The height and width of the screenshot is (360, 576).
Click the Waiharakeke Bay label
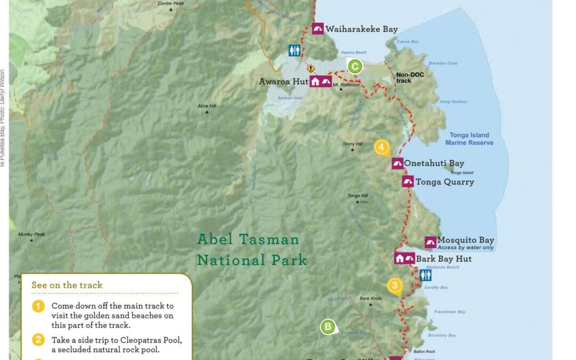(361, 29)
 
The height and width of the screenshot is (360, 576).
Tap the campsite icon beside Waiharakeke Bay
(318, 29)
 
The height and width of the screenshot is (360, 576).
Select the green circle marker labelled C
(355, 67)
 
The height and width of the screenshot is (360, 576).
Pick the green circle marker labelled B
(327, 326)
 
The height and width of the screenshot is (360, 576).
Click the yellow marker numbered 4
(381, 147)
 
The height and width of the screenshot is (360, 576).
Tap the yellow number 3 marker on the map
(394, 285)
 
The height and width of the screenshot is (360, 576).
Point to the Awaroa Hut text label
(282, 82)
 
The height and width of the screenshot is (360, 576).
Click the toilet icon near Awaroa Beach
(294, 50)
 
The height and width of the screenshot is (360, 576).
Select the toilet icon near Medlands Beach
(425, 275)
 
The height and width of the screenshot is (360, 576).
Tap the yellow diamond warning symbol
(310, 68)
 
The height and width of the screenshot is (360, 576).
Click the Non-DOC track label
(410, 78)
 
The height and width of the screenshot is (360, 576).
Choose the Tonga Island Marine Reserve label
(469, 139)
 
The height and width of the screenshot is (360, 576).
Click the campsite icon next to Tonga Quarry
(408, 182)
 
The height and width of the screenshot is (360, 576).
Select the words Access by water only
(465, 248)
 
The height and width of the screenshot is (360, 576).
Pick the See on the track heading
(67, 285)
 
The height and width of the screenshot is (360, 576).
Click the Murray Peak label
(31, 234)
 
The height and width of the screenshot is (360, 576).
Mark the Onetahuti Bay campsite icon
(397, 164)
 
